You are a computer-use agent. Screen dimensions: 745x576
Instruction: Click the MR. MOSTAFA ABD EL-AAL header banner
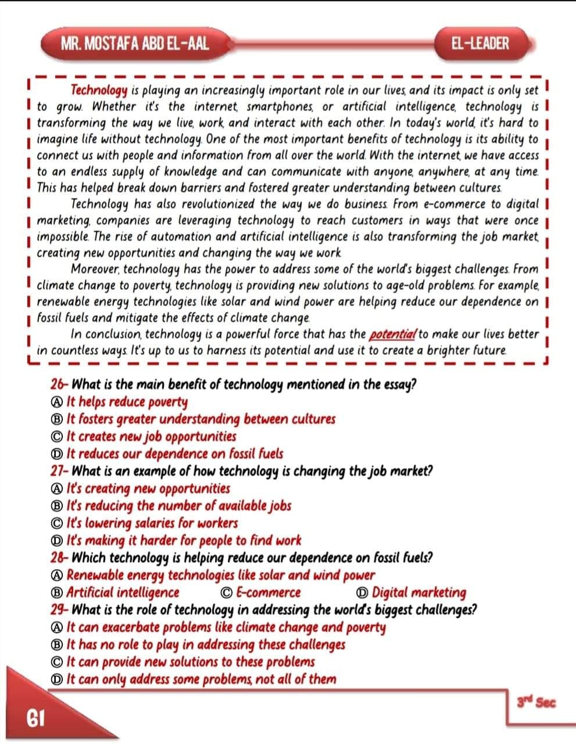point(134,44)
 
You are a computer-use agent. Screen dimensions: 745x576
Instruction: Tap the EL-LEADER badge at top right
point(480,44)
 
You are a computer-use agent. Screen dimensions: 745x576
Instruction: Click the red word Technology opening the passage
point(99,91)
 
